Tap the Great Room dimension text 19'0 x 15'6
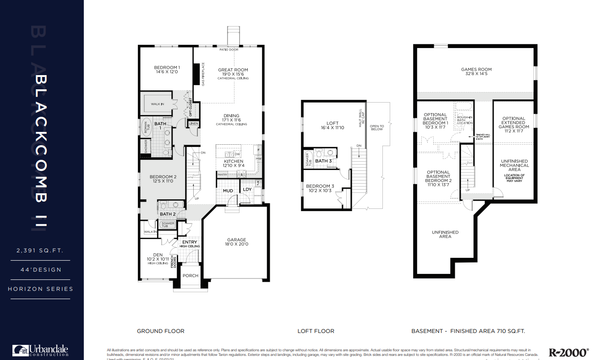(x=233, y=74)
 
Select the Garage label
(x=237, y=240)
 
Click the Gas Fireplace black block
(x=196, y=75)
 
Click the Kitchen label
(x=234, y=162)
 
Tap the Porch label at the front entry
(x=191, y=276)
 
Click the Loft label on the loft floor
(x=332, y=123)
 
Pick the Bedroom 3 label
(x=320, y=186)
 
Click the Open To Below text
(x=377, y=127)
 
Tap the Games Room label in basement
(x=476, y=70)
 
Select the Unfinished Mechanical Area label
(x=514, y=165)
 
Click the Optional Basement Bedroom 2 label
(x=438, y=176)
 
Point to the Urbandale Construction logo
(x=41, y=350)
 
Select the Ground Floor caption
(x=161, y=331)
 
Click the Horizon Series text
(x=40, y=289)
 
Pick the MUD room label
(x=228, y=191)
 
